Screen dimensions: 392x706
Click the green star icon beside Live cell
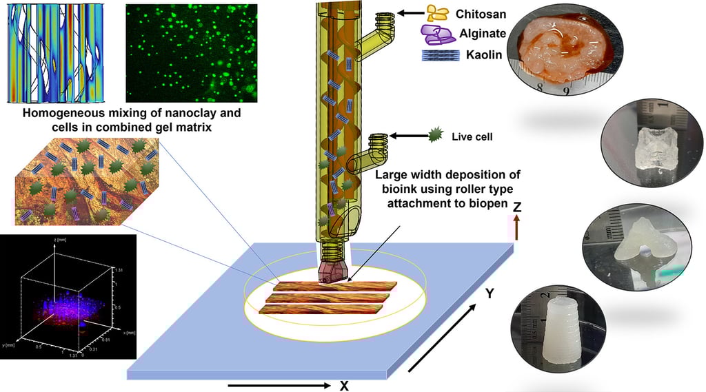(x=434, y=136)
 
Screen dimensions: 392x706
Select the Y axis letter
(x=490, y=294)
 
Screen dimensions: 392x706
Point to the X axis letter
(x=343, y=386)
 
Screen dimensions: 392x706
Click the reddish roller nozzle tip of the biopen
(x=333, y=272)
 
